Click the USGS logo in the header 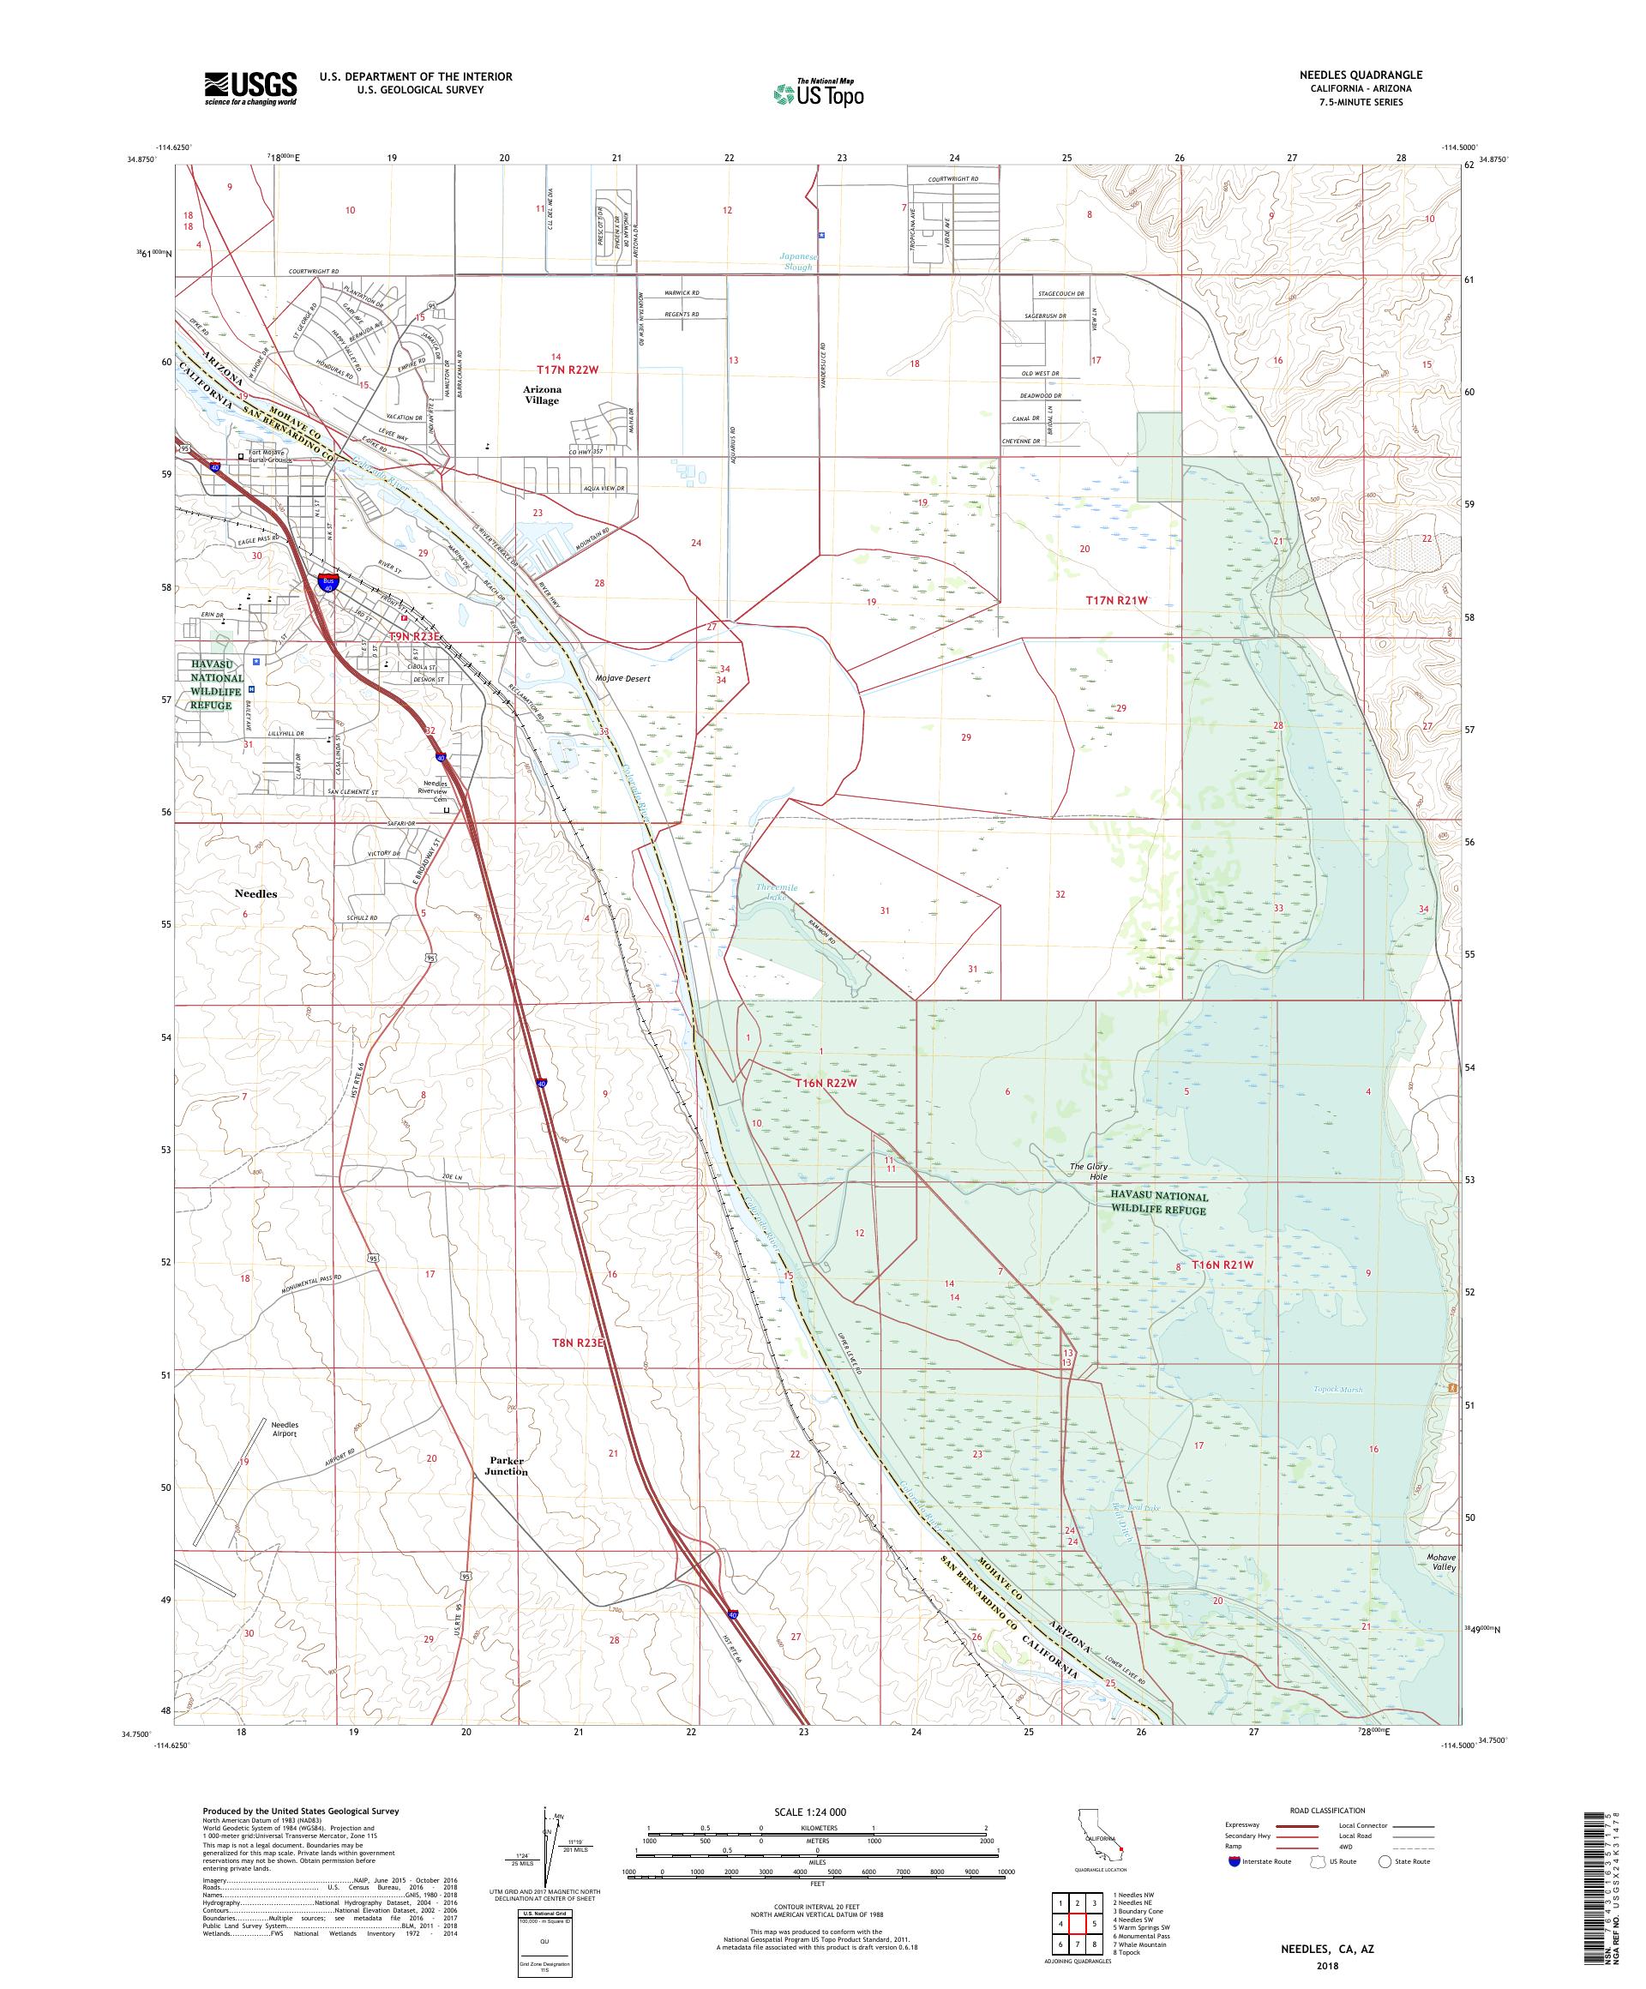[250, 89]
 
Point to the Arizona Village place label [542, 395]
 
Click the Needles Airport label [284, 1429]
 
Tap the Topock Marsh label [1337, 1390]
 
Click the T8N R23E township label [577, 1342]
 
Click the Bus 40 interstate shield [328, 585]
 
